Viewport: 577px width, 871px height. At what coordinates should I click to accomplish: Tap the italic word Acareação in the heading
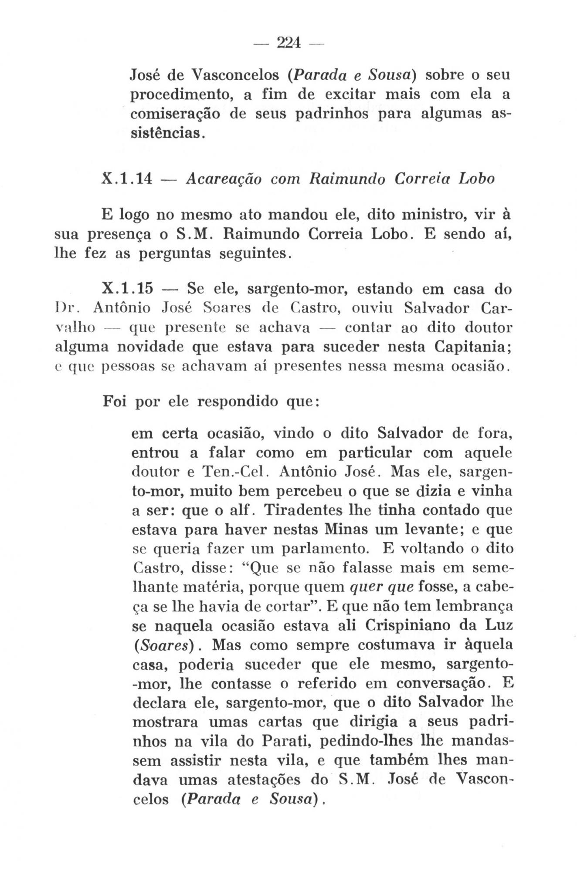[x=223, y=179]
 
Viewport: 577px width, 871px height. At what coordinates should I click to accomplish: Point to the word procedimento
[x=181, y=95]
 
